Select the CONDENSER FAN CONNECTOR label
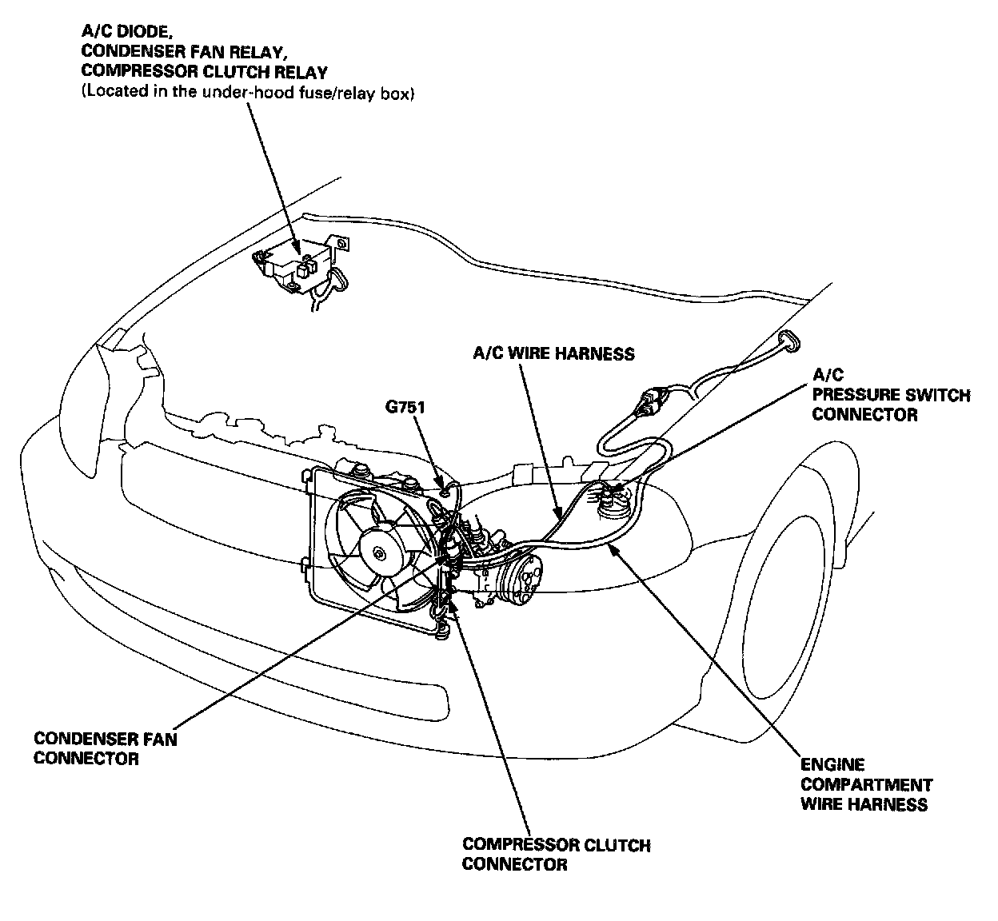coord(105,748)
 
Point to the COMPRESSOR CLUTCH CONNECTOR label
coord(556,854)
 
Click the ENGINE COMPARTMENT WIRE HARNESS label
coord(866,784)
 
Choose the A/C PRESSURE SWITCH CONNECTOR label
coord(890,395)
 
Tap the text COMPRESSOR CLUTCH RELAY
coord(204,72)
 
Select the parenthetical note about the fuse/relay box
coord(247,93)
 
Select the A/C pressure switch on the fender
coord(614,502)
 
